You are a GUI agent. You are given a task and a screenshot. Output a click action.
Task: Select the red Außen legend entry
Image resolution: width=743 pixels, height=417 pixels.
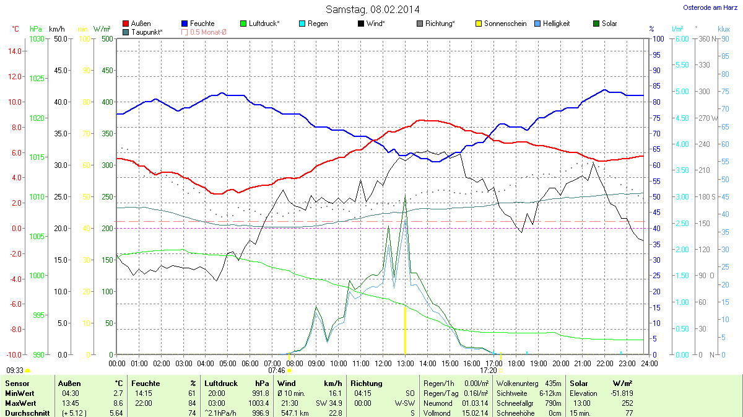tap(137, 24)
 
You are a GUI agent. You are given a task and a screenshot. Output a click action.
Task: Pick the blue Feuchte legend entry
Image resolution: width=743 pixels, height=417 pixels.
tap(198, 24)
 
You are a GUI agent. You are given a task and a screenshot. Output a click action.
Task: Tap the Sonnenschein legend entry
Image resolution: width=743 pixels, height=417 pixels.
tap(501, 24)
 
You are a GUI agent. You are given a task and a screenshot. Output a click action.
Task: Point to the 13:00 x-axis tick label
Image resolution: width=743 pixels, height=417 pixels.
tap(406, 363)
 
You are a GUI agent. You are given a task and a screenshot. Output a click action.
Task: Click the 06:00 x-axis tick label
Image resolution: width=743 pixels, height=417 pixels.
tap(250, 363)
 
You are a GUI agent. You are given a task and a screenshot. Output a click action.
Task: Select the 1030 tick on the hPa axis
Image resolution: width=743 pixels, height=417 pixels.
tap(37, 39)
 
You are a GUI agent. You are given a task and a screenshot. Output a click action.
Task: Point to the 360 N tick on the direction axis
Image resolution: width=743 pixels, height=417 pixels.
tap(705, 39)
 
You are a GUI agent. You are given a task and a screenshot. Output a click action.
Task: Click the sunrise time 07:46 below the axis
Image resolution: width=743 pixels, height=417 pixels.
tap(276, 371)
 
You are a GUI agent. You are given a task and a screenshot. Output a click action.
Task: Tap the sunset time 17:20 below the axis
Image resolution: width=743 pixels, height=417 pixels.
tap(489, 371)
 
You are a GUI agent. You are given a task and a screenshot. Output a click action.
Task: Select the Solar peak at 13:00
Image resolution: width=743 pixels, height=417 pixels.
tap(405, 196)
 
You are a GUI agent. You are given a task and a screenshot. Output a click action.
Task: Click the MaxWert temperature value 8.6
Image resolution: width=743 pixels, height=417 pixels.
tap(116, 403)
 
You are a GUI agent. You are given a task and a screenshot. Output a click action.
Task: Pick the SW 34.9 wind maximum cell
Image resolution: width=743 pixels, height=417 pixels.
tap(328, 403)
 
